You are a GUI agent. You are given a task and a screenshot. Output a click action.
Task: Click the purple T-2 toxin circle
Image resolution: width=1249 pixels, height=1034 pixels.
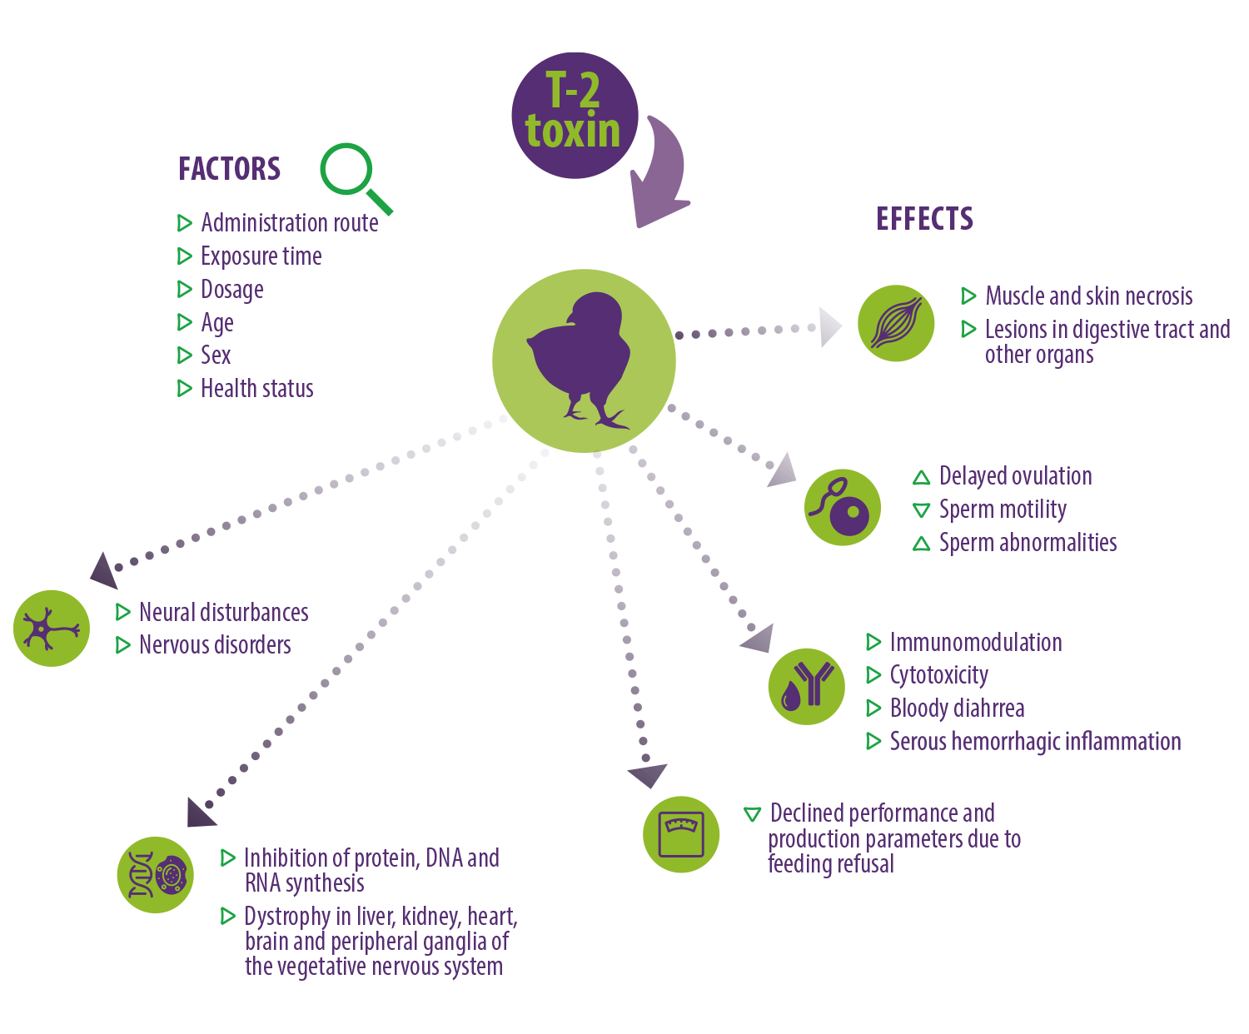point(575,116)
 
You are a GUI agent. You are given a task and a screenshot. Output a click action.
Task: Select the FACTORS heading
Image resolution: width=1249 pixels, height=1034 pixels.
point(229,169)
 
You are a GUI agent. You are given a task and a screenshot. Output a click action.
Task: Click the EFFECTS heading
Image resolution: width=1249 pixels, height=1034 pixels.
point(924,219)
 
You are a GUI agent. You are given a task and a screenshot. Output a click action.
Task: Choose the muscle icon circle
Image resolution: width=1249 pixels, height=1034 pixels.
point(895,323)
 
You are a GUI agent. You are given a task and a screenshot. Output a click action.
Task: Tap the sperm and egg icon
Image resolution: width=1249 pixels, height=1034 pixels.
point(842,507)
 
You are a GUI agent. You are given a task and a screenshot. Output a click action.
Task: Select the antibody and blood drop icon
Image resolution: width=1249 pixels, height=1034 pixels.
point(806,687)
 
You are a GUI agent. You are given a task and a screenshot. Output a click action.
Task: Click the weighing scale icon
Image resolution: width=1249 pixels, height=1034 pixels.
point(681,834)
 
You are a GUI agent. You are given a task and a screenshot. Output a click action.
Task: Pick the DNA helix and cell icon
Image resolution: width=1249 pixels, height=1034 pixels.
point(156,874)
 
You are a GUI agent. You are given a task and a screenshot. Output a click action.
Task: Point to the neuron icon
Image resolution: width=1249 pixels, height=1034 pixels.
point(52,629)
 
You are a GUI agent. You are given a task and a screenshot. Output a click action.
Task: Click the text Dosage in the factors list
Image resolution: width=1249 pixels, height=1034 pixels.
point(232,290)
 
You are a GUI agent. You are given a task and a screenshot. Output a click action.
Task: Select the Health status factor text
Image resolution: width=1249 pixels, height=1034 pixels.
point(257,389)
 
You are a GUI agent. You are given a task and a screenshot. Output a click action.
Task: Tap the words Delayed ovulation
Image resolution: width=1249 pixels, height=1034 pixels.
point(1015,477)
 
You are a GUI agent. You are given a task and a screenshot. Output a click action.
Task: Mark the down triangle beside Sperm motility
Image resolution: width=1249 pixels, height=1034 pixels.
point(921,510)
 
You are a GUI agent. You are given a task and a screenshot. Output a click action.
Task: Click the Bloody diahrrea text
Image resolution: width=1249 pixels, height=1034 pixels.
point(957,708)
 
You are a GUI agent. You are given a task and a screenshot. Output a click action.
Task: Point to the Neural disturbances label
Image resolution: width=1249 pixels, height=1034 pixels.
point(224,613)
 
